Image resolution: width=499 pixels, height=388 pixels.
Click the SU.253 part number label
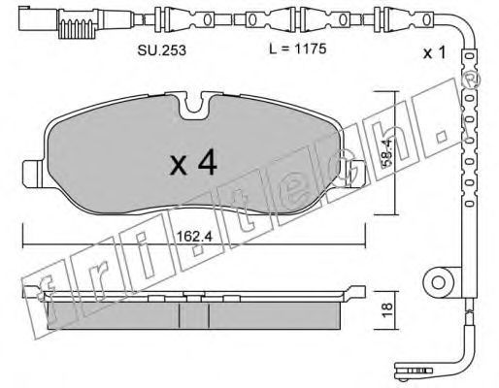pyautogui.click(x=162, y=49)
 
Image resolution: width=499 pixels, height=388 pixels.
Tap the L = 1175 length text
pyautogui.click(x=297, y=48)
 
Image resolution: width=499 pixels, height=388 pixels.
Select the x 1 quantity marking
pyautogui.click(x=435, y=52)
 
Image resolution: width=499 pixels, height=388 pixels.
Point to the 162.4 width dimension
pyautogui.click(x=194, y=237)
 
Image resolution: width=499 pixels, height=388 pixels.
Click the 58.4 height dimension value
pyautogui.click(x=387, y=152)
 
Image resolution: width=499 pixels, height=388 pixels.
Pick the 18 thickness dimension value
pyautogui.click(x=387, y=309)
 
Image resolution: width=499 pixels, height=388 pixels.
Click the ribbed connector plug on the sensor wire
pyautogui.click(x=77, y=23)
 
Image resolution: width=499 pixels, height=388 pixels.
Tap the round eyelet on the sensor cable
pyautogui.click(x=439, y=282)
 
